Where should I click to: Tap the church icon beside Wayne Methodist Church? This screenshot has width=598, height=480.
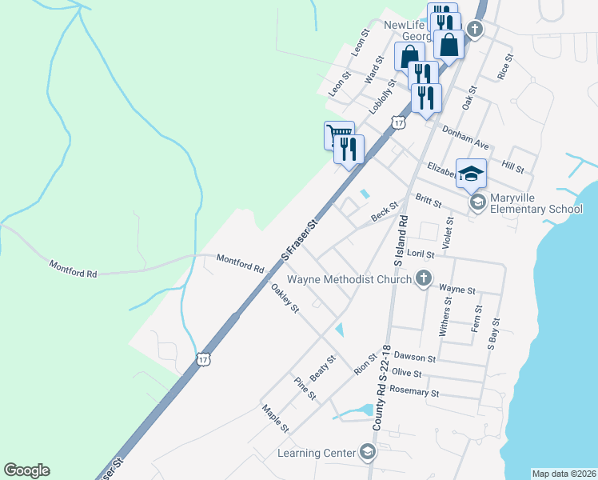point(424,279)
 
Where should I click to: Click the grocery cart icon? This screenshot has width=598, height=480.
point(338,134)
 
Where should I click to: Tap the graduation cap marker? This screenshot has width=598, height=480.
point(471,172)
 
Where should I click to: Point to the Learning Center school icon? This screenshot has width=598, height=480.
point(367,454)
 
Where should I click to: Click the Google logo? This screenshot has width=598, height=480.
point(26,470)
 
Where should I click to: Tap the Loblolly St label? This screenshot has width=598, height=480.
point(383,95)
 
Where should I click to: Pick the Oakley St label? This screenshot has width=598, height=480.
point(285,298)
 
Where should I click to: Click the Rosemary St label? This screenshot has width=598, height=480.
point(413,393)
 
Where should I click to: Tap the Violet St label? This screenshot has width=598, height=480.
point(448,232)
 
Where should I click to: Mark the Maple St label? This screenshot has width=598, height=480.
point(275,418)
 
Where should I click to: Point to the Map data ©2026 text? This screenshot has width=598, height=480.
point(564,474)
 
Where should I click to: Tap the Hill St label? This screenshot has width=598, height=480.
point(512,167)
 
